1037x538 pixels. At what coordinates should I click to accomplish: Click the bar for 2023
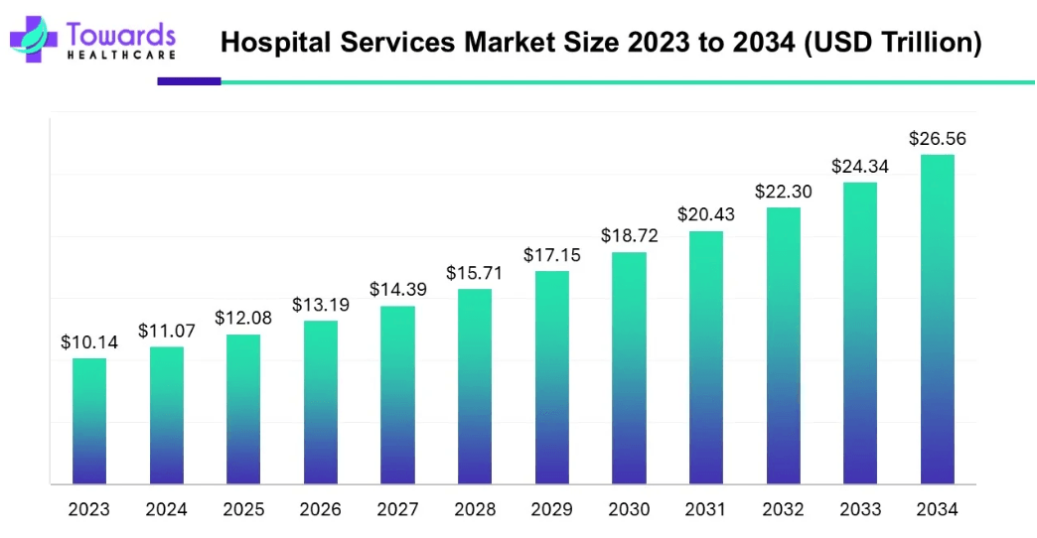coord(89,421)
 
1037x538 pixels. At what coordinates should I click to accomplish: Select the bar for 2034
coord(937,320)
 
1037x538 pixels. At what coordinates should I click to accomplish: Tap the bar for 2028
coord(475,386)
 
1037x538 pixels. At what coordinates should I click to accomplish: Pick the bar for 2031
coord(706,357)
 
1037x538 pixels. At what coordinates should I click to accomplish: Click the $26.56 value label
coord(937,139)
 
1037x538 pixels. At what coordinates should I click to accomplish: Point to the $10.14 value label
coord(89,342)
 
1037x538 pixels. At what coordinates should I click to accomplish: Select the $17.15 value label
coord(552,255)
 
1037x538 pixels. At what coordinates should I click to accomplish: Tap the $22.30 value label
coord(783,192)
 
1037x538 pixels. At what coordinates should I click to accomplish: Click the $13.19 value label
coord(321,306)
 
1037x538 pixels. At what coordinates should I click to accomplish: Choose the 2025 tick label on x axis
coord(243,510)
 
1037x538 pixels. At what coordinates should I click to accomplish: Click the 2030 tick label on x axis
coord(629,510)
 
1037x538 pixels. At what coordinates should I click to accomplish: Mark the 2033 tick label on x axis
coord(860,510)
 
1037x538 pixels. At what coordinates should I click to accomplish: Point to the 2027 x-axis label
coord(397,510)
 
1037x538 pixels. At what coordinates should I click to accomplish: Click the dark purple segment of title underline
coord(189,81)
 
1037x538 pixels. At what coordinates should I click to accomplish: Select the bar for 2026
coord(321,402)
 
